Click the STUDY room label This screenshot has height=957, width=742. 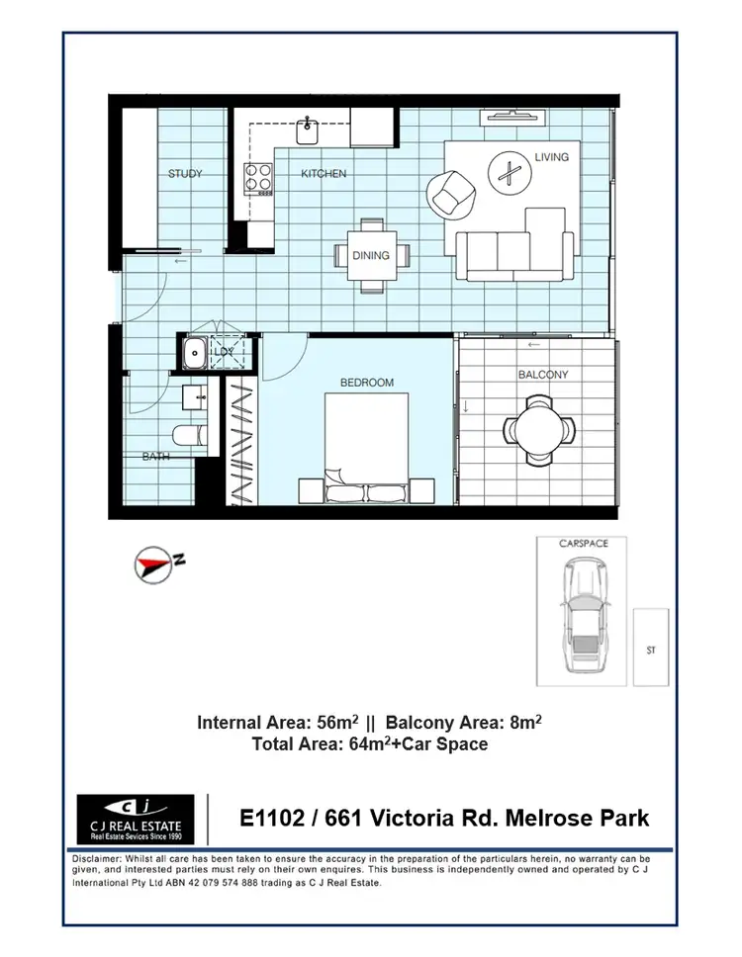click(x=185, y=174)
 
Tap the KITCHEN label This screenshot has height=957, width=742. click(x=324, y=174)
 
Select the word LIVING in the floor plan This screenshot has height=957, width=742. click(x=551, y=157)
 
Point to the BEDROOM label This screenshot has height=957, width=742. click(x=367, y=383)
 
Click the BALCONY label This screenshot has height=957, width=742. click(x=543, y=375)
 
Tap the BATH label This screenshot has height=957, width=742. click(x=154, y=457)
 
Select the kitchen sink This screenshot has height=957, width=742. click(x=308, y=126)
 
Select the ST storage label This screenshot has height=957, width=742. click(x=650, y=650)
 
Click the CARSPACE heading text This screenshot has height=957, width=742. click(x=584, y=544)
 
